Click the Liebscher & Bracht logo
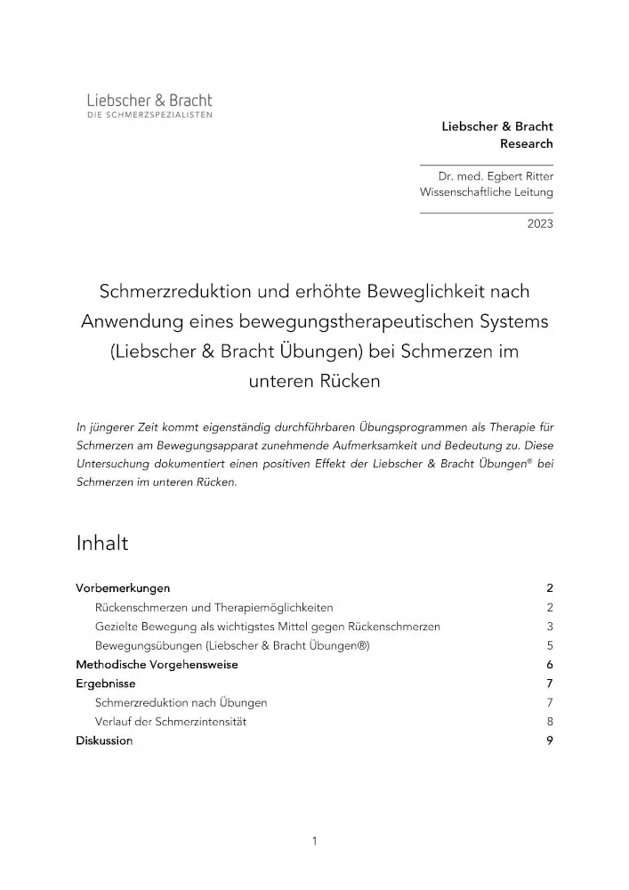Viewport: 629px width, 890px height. click(x=149, y=106)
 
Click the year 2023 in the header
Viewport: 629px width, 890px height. click(x=539, y=223)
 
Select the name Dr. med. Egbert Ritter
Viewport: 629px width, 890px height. click(x=502, y=176)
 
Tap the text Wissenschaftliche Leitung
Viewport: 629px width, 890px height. click(x=486, y=192)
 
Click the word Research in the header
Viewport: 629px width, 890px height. click(x=526, y=143)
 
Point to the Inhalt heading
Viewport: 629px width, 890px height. click(x=102, y=543)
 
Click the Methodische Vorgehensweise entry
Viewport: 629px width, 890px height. click(x=157, y=665)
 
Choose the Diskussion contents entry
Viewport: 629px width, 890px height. click(x=104, y=740)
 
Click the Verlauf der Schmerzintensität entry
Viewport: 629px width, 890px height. click(x=171, y=722)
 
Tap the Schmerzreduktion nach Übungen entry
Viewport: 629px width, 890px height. click(x=181, y=703)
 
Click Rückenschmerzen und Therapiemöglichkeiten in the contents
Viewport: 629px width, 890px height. click(x=214, y=608)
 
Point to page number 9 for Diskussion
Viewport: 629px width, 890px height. click(x=550, y=740)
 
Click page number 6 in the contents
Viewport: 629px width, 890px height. click(x=550, y=665)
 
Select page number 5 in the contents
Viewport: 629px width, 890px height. click(x=550, y=646)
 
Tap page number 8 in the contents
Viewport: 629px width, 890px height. click(x=550, y=722)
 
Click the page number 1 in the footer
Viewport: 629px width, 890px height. click(x=314, y=840)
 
